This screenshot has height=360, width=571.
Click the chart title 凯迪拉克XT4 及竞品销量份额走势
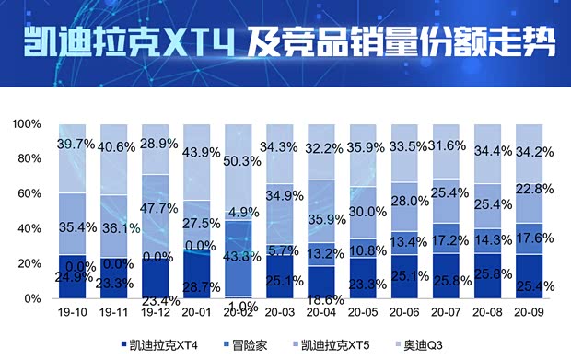[285, 42]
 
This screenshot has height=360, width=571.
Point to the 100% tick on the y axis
[27, 124]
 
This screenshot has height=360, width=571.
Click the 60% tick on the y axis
[29, 194]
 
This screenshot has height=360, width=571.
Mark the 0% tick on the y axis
[33, 299]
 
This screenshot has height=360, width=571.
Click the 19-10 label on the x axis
[77, 313]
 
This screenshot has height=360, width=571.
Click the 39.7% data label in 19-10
[76, 144]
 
